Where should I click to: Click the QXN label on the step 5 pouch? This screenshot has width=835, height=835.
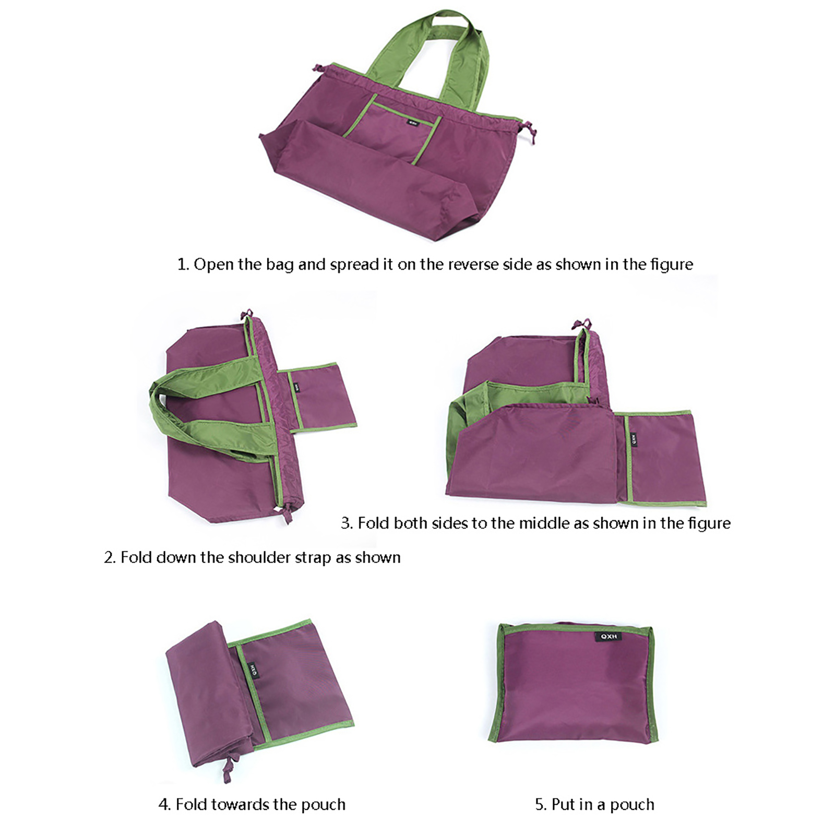pyautogui.click(x=608, y=637)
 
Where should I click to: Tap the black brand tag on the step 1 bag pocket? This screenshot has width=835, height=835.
pyautogui.click(x=414, y=124)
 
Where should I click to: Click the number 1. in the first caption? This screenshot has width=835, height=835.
pyautogui.click(x=183, y=265)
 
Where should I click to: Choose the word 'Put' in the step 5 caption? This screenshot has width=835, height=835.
pyautogui.click(x=563, y=804)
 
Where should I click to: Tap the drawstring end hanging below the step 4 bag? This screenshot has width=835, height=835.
pyautogui.click(x=228, y=770)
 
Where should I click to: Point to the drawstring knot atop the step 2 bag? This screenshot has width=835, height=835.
pyautogui.click(x=246, y=314)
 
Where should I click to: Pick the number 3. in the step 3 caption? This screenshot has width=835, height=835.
pyautogui.click(x=347, y=523)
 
